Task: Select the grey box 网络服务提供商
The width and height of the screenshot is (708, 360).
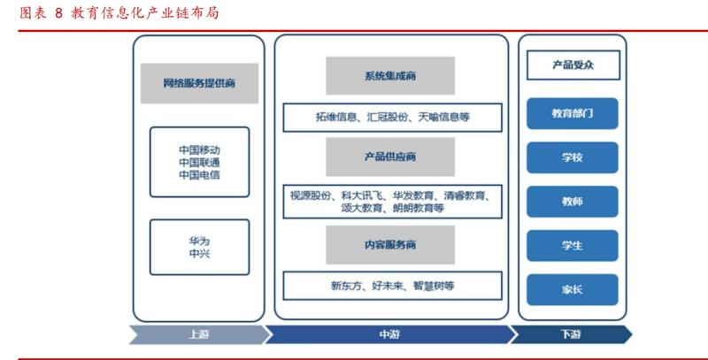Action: [x=199, y=84]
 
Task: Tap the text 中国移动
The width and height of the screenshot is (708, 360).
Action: [x=199, y=149]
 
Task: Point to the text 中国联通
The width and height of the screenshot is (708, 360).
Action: [x=199, y=162]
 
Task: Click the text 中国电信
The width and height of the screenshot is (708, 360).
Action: [x=199, y=175]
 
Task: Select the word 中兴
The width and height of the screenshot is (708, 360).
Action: [x=199, y=254]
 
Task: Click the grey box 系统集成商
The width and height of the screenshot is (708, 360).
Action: [x=390, y=76]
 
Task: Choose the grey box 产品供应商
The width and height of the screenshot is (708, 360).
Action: [x=390, y=157]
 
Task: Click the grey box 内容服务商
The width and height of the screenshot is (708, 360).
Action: [x=390, y=244]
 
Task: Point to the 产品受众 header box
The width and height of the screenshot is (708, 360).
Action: [x=573, y=65]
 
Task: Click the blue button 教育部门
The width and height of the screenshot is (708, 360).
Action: [x=573, y=113]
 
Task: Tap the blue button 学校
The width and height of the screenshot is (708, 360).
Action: [x=573, y=157]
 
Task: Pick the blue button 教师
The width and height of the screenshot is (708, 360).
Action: [x=573, y=202]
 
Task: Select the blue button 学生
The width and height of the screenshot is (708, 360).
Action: [x=573, y=245]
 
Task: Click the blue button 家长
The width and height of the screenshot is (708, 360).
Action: [x=573, y=289]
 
